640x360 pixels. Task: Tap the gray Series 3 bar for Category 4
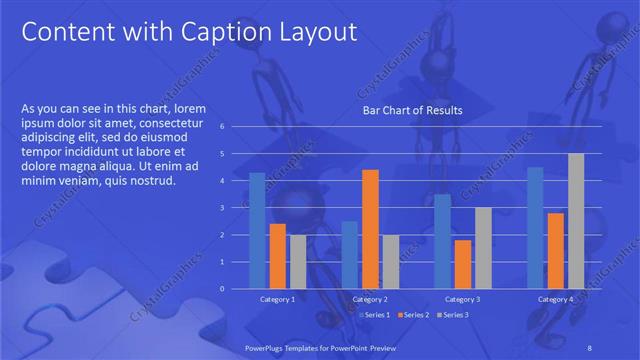click(x=576, y=221)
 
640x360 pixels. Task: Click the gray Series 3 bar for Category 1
click(x=298, y=262)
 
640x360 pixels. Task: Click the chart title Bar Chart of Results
click(x=412, y=110)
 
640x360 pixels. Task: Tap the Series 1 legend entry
click(x=374, y=315)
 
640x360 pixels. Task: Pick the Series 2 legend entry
click(x=413, y=315)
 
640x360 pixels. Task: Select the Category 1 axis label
click(x=277, y=299)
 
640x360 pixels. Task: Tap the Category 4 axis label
click(x=555, y=299)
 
